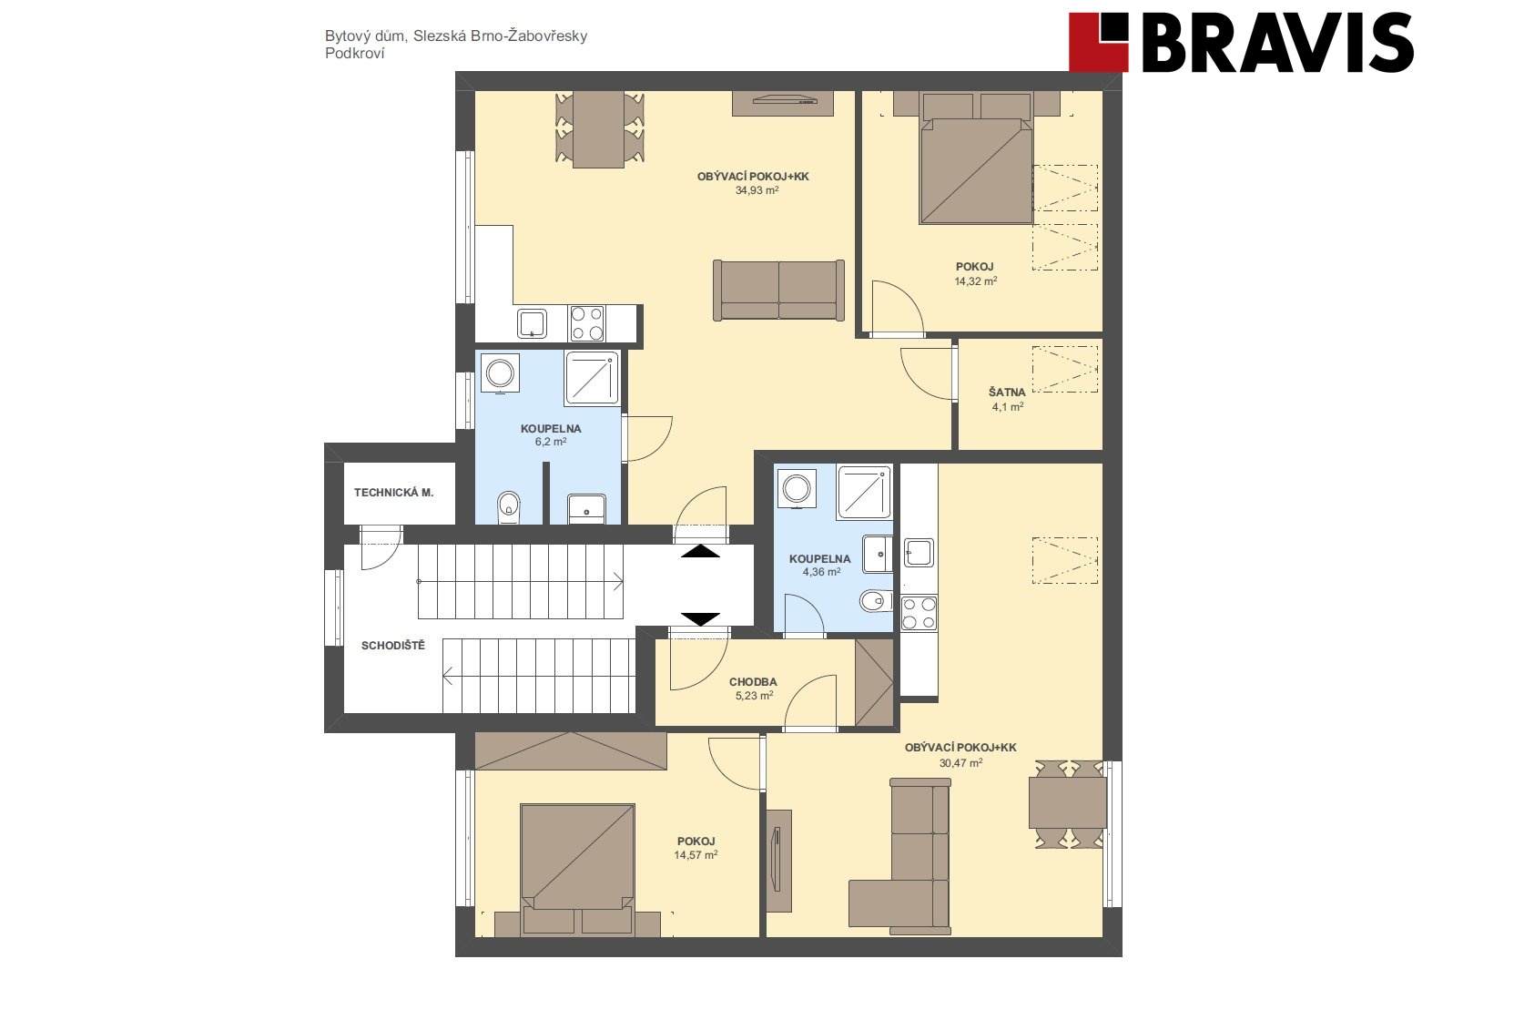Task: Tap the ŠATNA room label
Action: pos(1007,393)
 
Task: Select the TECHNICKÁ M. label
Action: pos(393,493)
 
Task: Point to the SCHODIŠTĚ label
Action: pos(393,645)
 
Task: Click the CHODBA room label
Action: pos(753,682)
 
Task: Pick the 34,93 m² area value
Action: pos(757,190)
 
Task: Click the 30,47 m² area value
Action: pos(960,763)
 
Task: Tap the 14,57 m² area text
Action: pos(696,855)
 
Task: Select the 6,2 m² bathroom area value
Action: pos(551,442)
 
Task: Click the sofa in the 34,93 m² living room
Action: pos(779,290)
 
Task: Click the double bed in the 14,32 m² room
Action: pos(976,158)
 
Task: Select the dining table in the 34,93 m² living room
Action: pos(599,128)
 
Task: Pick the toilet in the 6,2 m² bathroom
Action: pos(508,507)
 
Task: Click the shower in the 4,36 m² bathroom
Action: pos(864,493)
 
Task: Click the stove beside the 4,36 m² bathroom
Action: pos(919,613)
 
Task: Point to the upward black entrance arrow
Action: pos(700,551)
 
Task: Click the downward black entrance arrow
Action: pos(700,619)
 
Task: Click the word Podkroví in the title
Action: pos(354,54)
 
